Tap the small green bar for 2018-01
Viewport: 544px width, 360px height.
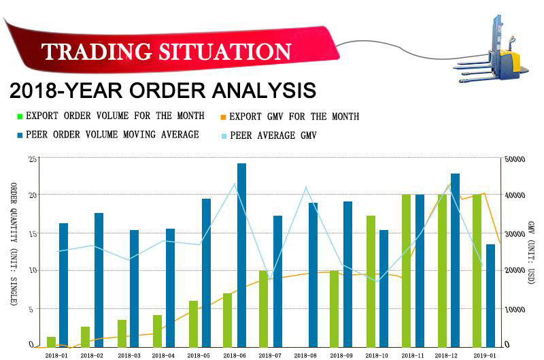pos(51,342)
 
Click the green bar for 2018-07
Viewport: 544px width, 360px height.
pos(263,309)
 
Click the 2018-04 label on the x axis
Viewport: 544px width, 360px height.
pos(163,355)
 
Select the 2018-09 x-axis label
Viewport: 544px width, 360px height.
pos(341,355)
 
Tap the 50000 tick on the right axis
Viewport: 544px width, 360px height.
pos(516,159)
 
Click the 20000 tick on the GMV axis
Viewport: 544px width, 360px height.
pos(516,271)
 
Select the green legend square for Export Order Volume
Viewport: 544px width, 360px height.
pos(20,116)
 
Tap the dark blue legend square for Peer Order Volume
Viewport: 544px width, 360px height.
pos(20,135)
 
